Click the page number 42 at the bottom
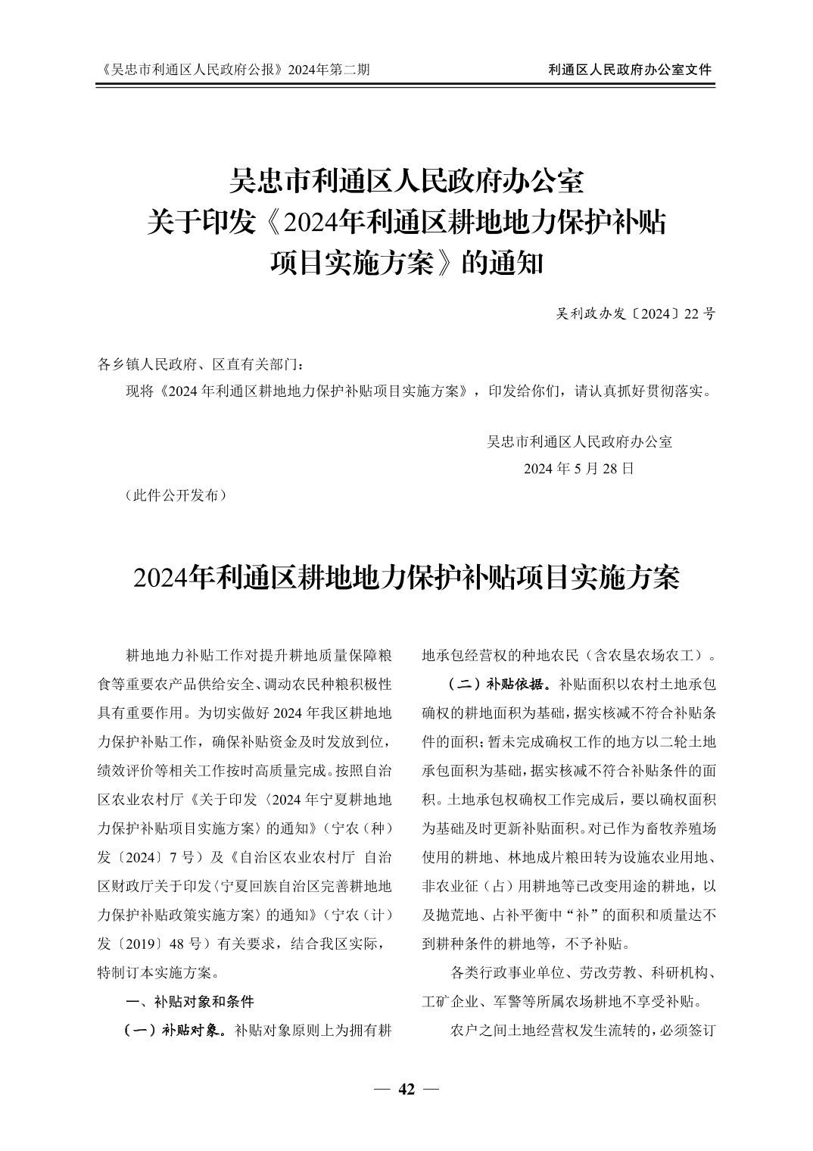pyautogui.click(x=407, y=1090)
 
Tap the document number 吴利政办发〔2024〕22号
pyautogui.click(x=635, y=313)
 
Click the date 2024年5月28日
pyautogui.click(x=579, y=468)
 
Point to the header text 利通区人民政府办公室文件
pyautogui.click(x=630, y=70)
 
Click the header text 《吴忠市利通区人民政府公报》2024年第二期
pyautogui.click(x=235, y=70)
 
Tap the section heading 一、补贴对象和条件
pyautogui.click(x=189, y=1001)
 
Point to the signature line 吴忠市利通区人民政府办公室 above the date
pyautogui.click(x=579, y=441)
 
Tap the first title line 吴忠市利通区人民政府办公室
pyautogui.click(x=407, y=181)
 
